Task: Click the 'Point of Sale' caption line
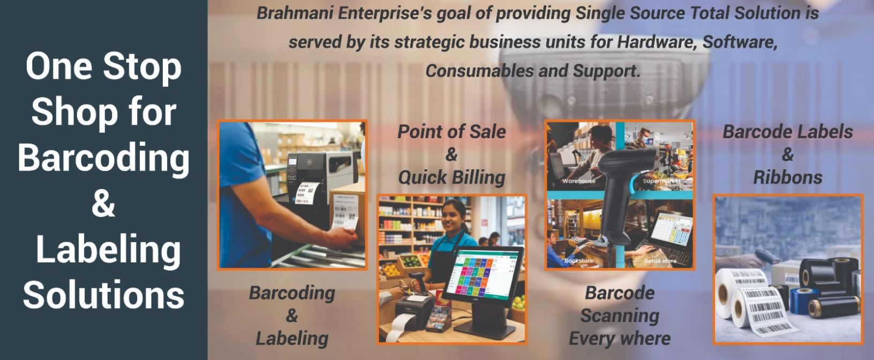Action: [x=451, y=132]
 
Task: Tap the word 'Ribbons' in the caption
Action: [x=787, y=177]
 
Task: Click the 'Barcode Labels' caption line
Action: [x=787, y=132]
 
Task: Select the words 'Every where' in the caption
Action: [x=620, y=339]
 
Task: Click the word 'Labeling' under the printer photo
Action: [x=292, y=339]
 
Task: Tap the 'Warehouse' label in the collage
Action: [x=579, y=181]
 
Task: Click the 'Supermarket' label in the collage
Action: [x=661, y=181]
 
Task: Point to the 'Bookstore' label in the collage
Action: [x=578, y=260]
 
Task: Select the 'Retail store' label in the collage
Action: [x=660, y=261]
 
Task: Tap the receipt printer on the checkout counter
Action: [x=415, y=312]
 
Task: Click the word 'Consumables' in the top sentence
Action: [x=479, y=71]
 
